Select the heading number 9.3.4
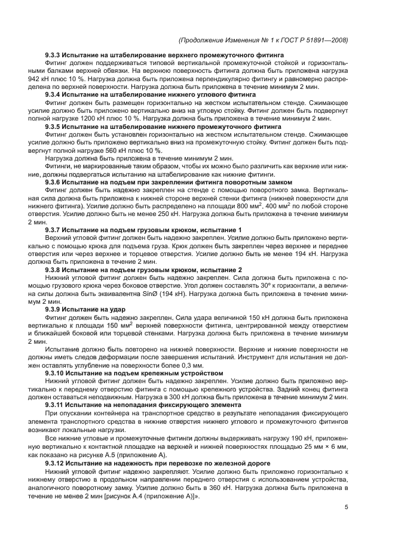(x=54, y=94)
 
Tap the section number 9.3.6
(x=54, y=181)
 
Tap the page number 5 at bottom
(x=347, y=508)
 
